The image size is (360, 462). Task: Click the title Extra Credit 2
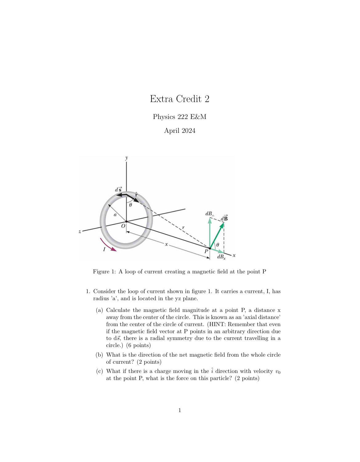180,99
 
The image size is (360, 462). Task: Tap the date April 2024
180,131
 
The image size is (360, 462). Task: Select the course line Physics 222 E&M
180,117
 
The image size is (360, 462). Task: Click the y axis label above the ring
126,158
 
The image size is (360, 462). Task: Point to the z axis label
80,231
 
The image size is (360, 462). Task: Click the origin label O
123,226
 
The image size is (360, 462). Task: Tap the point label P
206,251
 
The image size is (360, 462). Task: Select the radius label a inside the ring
115,215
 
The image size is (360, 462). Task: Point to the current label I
104,249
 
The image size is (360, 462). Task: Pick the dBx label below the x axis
221,257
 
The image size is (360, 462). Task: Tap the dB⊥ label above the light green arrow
210,214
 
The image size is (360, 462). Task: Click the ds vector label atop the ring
118,189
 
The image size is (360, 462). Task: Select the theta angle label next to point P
218,245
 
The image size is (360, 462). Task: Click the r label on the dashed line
183,227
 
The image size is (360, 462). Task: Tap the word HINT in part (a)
217,324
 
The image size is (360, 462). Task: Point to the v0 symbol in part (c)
278,372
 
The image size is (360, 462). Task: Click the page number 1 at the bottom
180,410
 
